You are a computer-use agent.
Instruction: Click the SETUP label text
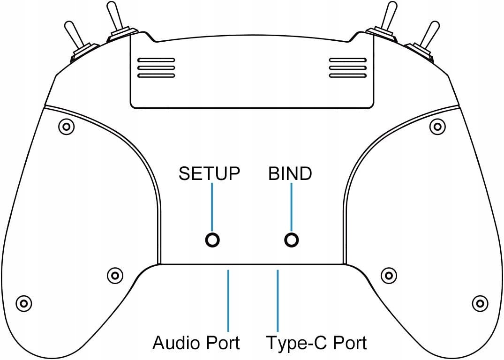(210, 173)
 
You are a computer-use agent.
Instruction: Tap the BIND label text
(290, 173)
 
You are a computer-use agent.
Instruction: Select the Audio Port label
(196, 343)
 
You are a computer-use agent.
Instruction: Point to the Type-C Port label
(316, 343)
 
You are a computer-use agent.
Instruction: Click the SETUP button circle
(212, 240)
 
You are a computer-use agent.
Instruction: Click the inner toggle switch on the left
(114, 21)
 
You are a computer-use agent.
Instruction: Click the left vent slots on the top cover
(156, 68)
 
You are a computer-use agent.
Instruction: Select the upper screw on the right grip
(437, 126)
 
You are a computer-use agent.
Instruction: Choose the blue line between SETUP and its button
(212, 206)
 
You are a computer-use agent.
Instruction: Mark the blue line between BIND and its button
(292, 206)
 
